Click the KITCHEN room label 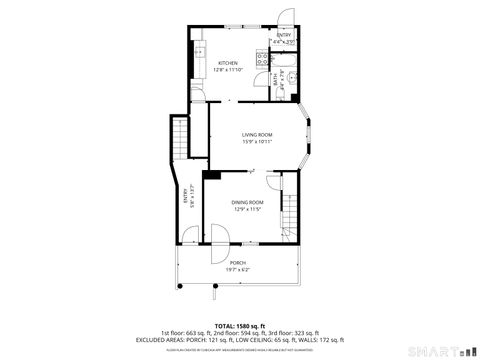tap(228, 63)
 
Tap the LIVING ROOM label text tap(257, 134)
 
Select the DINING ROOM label tap(247, 203)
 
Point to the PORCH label tap(237, 263)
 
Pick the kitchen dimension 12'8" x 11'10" tap(228, 70)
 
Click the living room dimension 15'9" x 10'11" tap(257, 141)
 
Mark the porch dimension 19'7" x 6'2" tap(237, 269)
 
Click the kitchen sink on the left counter tap(198, 49)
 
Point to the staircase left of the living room tap(180, 135)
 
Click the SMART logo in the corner tap(442, 350)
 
